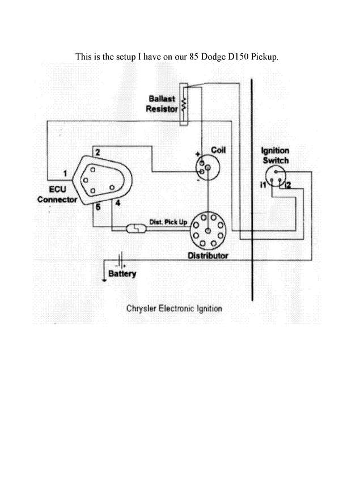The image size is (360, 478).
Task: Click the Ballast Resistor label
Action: point(162,104)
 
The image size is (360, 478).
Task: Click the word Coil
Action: point(218,150)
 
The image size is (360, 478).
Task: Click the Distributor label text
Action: point(208,256)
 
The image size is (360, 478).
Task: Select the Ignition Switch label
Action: point(275,155)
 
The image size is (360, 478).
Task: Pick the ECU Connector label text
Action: point(57,195)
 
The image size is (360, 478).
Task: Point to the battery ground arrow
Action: point(103,278)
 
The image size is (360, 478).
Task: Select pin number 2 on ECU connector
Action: point(98,153)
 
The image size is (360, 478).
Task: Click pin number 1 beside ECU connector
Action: point(66,172)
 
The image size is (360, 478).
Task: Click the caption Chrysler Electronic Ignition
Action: point(173,309)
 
